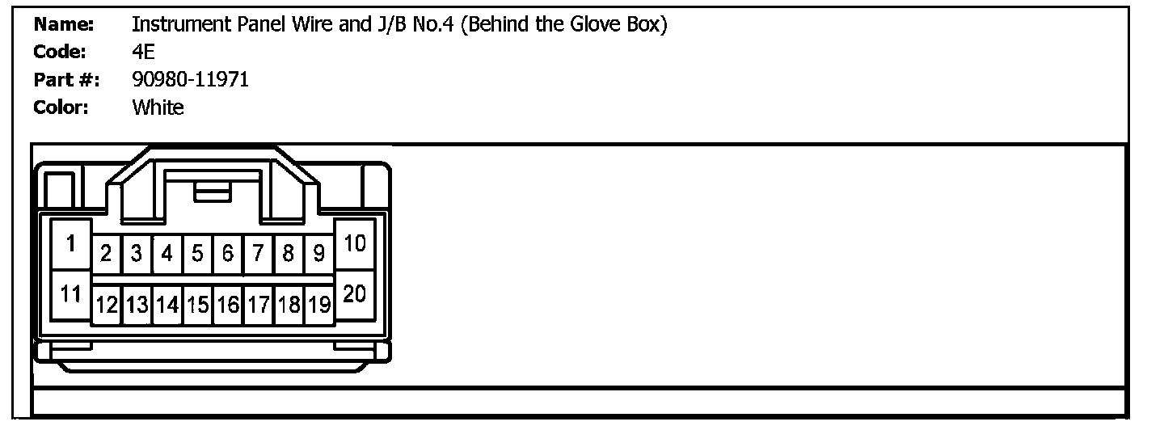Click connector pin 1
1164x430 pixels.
(x=70, y=243)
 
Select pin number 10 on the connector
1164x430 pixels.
(x=355, y=243)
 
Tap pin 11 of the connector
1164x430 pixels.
(x=70, y=294)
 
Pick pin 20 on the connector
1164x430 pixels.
(x=355, y=294)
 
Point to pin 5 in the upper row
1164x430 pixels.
(x=197, y=255)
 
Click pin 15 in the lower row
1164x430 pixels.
(x=197, y=306)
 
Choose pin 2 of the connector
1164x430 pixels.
(x=106, y=255)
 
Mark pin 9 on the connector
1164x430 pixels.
(x=319, y=255)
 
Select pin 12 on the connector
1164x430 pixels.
(x=106, y=306)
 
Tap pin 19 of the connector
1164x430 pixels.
(x=319, y=306)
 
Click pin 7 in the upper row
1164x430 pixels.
(x=258, y=255)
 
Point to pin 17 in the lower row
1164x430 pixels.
(x=258, y=306)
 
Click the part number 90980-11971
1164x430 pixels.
(x=190, y=79)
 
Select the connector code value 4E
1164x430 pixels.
(x=143, y=53)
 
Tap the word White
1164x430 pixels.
(x=158, y=107)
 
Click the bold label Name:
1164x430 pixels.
(x=64, y=25)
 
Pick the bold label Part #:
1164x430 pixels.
(x=66, y=79)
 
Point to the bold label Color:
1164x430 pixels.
(x=61, y=107)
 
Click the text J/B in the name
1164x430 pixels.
(x=390, y=25)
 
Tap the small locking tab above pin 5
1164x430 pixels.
(x=213, y=192)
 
